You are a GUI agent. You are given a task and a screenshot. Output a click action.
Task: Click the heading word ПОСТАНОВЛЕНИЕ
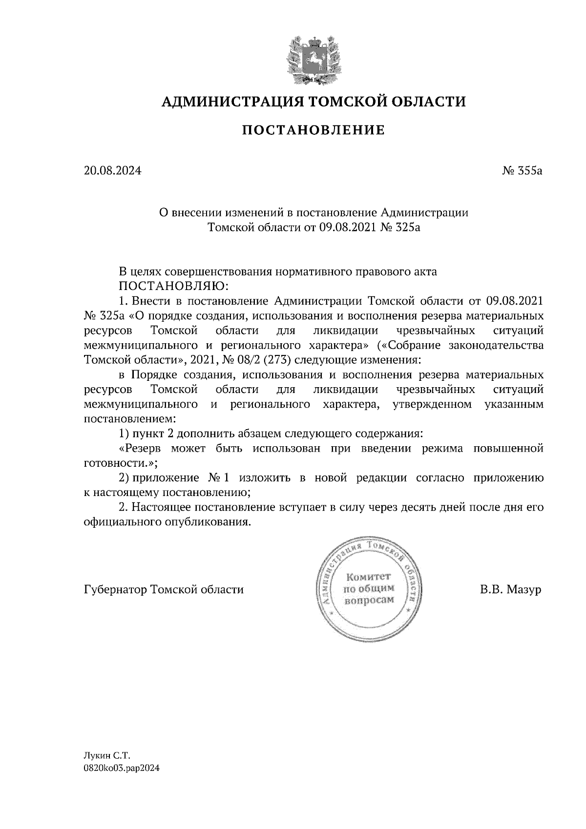click(314, 130)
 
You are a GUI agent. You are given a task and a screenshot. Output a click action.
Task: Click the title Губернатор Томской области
click(164, 590)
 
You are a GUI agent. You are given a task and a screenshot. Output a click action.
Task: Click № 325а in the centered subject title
click(399, 228)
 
